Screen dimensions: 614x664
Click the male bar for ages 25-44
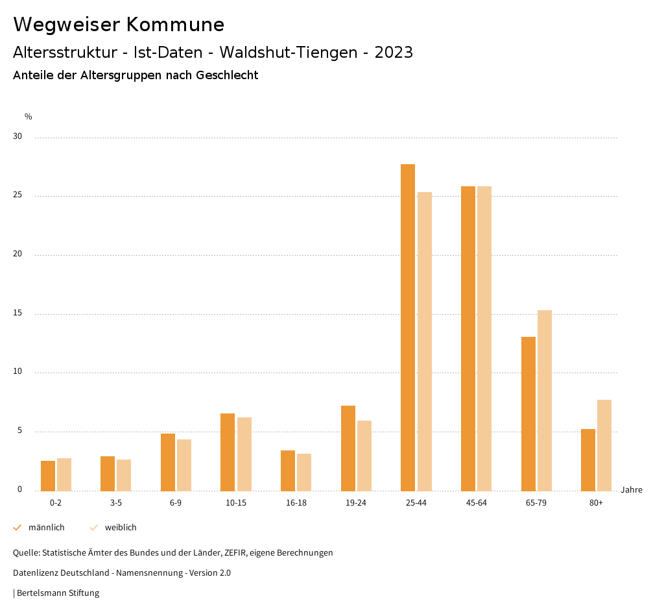coord(408,327)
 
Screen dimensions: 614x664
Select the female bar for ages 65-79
coord(545,400)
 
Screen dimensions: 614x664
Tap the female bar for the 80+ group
coord(604,445)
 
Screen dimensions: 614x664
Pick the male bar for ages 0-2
coord(48,476)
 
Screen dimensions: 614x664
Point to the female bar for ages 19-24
coord(364,456)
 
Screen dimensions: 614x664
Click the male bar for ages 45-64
coord(468,338)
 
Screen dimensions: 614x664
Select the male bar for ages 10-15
coord(228,452)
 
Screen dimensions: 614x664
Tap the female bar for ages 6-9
coord(184,465)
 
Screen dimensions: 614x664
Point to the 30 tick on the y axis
coord(18,137)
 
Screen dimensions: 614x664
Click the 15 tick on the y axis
coord(18,313)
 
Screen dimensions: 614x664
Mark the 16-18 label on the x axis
coord(296,503)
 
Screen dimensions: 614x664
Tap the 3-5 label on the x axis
coord(116,503)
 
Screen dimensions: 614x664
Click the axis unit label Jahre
coord(632,490)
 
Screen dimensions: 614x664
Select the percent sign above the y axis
coord(29,117)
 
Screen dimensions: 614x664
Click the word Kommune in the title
coord(175,25)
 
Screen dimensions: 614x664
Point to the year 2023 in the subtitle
coord(394,53)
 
